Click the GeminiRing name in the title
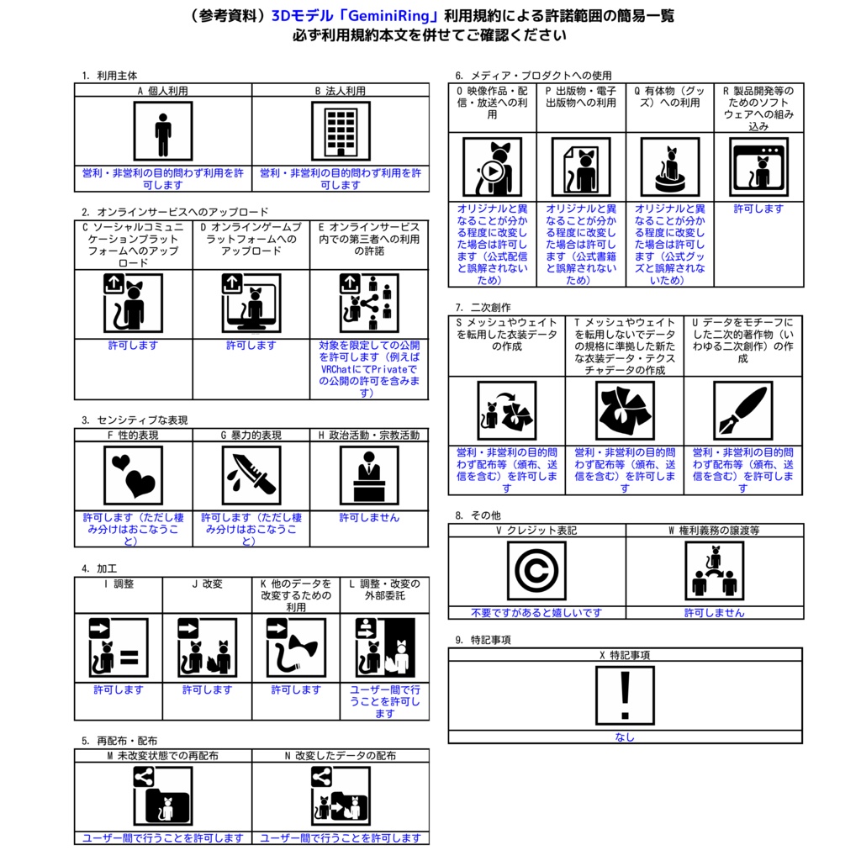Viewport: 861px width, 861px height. click(x=392, y=16)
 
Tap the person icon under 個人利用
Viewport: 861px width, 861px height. click(x=163, y=131)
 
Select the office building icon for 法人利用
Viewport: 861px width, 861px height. click(x=341, y=131)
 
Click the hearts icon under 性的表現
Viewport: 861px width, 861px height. click(x=134, y=476)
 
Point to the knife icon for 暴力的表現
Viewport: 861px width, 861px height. click(x=251, y=476)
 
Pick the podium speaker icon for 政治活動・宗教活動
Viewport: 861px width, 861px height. click(x=369, y=476)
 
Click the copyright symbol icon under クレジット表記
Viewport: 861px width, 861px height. click(x=536, y=571)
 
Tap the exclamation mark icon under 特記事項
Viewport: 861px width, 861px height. click(x=625, y=695)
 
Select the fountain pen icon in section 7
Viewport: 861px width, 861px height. click(x=743, y=410)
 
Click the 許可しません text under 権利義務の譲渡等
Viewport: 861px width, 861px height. click(x=715, y=613)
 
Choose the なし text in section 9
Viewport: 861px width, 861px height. click(x=625, y=737)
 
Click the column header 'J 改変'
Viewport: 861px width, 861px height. click(x=207, y=584)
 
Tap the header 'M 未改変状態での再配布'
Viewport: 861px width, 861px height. click(x=163, y=756)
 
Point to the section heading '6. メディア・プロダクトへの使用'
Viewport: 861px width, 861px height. click(x=533, y=76)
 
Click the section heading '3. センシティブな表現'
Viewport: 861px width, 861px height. click(x=135, y=420)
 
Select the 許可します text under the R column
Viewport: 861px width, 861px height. click(x=759, y=209)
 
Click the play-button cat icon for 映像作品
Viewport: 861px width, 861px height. click(x=493, y=167)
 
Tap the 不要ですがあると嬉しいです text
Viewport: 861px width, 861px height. click(x=536, y=613)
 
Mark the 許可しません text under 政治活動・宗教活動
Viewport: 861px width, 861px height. click(x=369, y=518)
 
